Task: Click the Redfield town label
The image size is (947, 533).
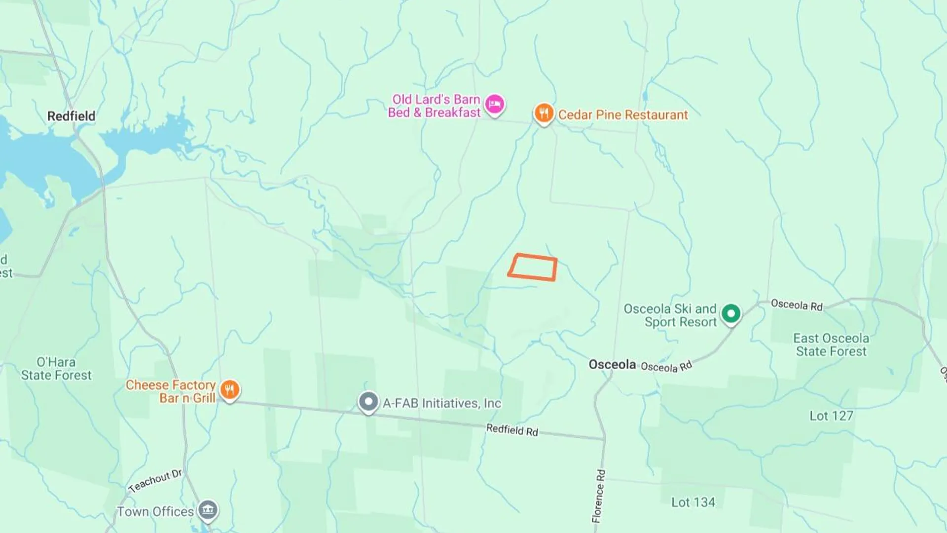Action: (x=72, y=116)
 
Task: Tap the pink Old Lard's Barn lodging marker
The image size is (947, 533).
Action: (x=494, y=104)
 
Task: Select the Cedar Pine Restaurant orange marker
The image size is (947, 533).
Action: (x=544, y=113)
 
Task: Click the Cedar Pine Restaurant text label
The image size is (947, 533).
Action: (x=622, y=115)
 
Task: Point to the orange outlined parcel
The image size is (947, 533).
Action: (x=533, y=267)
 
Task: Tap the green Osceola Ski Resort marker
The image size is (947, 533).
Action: (x=730, y=313)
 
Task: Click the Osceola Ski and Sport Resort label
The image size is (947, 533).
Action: (x=670, y=315)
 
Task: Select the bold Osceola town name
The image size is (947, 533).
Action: (x=612, y=365)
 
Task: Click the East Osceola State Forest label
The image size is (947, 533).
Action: (x=831, y=345)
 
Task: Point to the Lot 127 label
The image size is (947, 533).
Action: (x=831, y=416)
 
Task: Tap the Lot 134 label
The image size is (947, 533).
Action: (x=693, y=502)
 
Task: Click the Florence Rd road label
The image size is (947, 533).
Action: (x=599, y=496)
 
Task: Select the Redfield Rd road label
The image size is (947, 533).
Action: (x=512, y=430)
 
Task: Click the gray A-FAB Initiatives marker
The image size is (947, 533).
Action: (x=368, y=401)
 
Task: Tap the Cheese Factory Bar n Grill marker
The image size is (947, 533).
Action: (x=229, y=390)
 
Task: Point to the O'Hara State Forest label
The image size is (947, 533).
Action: (x=56, y=369)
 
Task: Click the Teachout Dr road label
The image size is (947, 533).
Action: (x=155, y=481)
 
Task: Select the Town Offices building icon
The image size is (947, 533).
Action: (x=208, y=510)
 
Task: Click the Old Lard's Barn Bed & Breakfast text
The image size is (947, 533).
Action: (x=434, y=106)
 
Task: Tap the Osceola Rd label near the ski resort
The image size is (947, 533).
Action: (x=797, y=305)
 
